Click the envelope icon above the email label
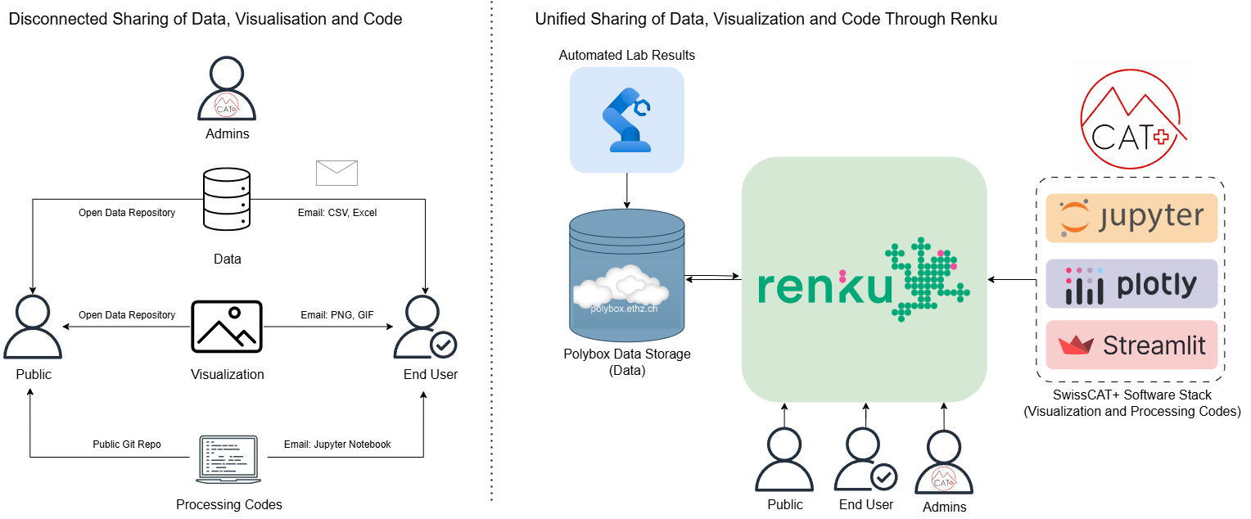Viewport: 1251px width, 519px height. pyautogui.click(x=336, y=173)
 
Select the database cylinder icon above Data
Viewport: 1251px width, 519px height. pyautogui.click(x=227, y=201)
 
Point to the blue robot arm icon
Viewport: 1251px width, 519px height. pyautogui.click(x=627, y=120)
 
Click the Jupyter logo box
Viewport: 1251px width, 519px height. pyautogui.click(x=1131, y=218)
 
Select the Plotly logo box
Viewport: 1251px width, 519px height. pyautogui.click(x=1131, y=284)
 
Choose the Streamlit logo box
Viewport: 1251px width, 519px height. pyautogui.click(x=1131, y=345)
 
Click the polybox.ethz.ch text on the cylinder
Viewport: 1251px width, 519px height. pyautogui.click(x=624, y=309)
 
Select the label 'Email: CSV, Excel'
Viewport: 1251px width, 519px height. pyautogui.click(x=336, y=213)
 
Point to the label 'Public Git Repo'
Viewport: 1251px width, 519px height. pyautogui.click(x=127, y=445)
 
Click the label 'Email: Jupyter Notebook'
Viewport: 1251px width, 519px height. pyautogui.click(x=337, y=445)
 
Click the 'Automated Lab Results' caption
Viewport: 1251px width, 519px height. pyautogui.click(x=626, y=56)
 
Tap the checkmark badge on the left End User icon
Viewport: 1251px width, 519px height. pyautogui.click(x=444, y=345)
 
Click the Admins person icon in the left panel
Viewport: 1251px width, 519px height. pyautogui.click(x=227, y=90)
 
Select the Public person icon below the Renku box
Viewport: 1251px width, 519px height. pyautogui.click(x=784, y=461)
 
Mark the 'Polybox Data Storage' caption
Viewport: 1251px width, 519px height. pyautogui.click(x=626, y=354)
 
